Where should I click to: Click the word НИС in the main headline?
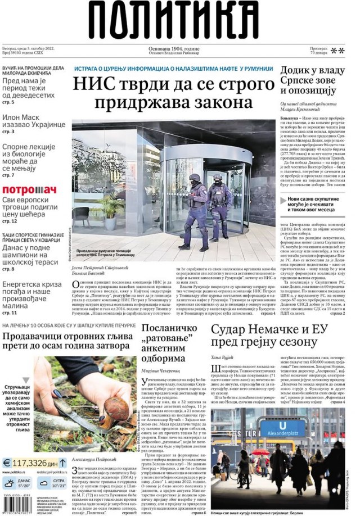pyautogui.click(x=92, y=85)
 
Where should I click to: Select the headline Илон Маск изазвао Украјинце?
pyautogui.click(x=34, y=120)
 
